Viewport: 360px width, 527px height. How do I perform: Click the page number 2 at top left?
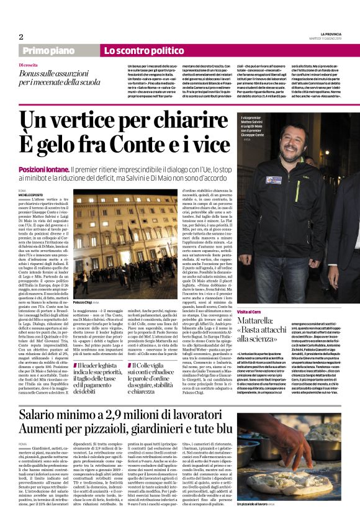[21, 37]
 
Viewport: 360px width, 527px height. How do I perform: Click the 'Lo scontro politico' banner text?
[140, 50]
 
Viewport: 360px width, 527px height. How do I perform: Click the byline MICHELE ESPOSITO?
[31, 194]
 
